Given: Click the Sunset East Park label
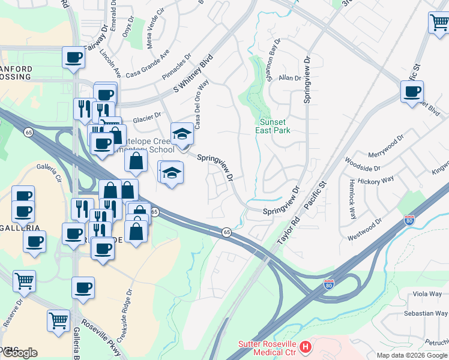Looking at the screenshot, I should point(273,126).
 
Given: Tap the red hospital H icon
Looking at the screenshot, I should point(306,347).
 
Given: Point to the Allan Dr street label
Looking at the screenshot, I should point(289,78).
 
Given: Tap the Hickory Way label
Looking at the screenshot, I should point(376,179).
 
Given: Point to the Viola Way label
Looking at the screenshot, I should point(427,294).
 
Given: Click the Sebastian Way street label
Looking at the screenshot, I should point(425,313).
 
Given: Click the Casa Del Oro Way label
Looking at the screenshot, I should point(202,100).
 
